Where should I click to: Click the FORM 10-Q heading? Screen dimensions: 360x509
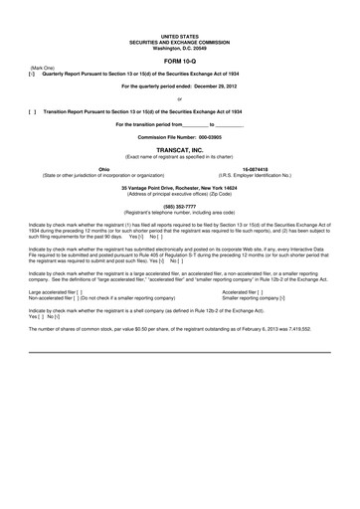tap(179, 62)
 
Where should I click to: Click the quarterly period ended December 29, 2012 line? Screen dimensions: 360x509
tap(179, 86)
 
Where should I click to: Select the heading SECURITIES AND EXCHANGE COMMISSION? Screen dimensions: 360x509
tap(179, 42)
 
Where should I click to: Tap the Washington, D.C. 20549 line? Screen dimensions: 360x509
tap(179, 48)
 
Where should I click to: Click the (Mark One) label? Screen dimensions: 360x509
tap(44, 68)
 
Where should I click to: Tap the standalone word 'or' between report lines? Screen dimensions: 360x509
tap(179, 99)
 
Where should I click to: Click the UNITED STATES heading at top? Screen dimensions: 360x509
tap(179, 35)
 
